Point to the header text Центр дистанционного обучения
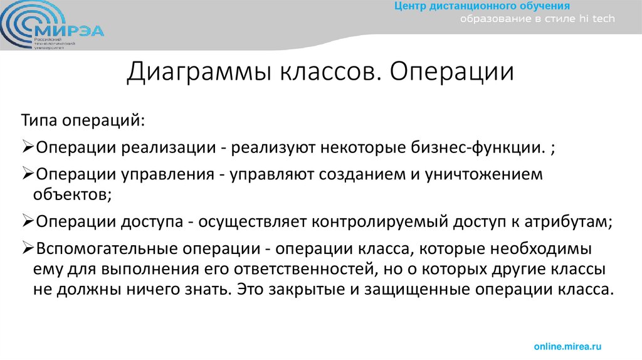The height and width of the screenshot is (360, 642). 482,6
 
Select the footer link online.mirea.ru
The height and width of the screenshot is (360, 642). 567,346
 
